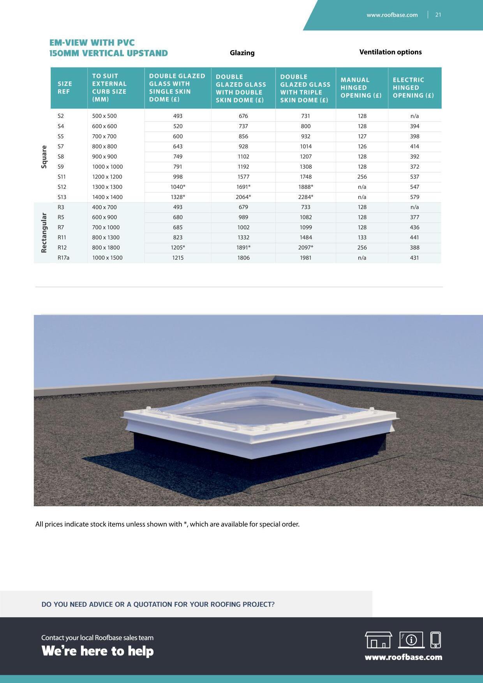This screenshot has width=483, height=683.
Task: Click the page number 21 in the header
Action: coord(438,15)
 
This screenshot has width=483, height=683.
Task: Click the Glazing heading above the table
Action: coord(242,53)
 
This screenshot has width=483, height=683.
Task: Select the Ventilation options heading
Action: coord(390,52)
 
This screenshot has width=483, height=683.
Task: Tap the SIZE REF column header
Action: coord(65,88)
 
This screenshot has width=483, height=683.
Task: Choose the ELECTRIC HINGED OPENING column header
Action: coord(413,88)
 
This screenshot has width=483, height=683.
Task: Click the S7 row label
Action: coord(61,146)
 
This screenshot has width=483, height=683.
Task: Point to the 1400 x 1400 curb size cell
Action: coord(107,197)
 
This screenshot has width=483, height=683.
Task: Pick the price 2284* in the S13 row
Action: coord(306,197)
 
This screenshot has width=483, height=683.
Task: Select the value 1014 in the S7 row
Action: coord(306,146)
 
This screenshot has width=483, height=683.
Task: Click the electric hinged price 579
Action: coord(414,197)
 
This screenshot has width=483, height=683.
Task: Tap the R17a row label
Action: coord(63,258)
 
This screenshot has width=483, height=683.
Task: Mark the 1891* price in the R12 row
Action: coord(243,248)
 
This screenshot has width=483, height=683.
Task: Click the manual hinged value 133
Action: coord(362,238)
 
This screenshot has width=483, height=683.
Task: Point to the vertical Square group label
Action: coord(44,157)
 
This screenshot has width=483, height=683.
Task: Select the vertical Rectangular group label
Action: coord(44,232)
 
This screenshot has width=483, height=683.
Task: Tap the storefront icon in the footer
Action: coord(378,640)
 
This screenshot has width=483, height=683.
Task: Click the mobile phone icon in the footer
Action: coord(435,640)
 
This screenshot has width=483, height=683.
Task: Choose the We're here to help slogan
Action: coord(97,651)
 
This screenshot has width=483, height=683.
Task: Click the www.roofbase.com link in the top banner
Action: coord(392,15)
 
